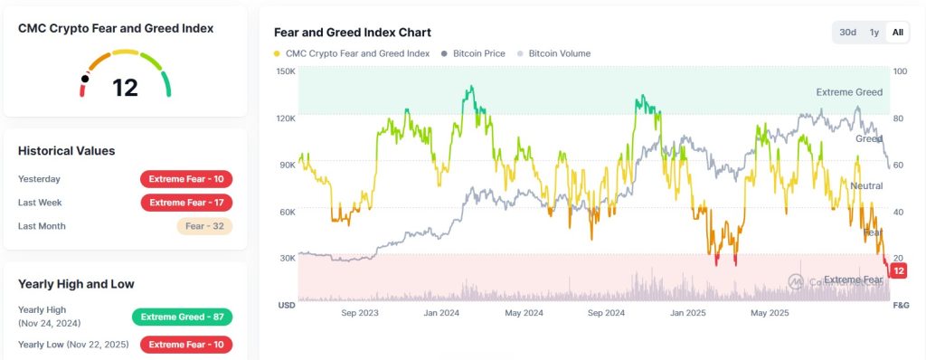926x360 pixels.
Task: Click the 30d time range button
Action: pyautogui.click(x=848, y=33)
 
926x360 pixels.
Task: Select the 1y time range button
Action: pyautogui.click(x=874, y=33)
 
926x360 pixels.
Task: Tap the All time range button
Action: pyautogui.click(x=898, y=33)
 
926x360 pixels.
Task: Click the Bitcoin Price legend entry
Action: pyautogui.click(x=474, y=53)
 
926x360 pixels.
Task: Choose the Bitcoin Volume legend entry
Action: pyautogui.click(x=554, y=53)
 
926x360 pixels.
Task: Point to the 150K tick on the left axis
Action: pyautogui.click(x=286, y=71)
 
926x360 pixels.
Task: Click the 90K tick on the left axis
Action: pyautogui.click(x=287, y=165)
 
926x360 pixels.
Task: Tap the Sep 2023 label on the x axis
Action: pyautogui.click(x=360, y=313)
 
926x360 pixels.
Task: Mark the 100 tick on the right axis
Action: pyautogui.click(x=901, y=71)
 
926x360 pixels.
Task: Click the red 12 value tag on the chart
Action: pyautogui.click(x=899, y=271)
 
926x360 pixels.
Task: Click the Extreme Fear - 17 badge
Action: pyautogui.click(x=186, y=203)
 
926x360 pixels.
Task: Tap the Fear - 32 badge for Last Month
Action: pyautogui.click(x=204, y=226)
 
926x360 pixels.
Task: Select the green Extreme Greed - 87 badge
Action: pyautogui.click(x=182, y=317)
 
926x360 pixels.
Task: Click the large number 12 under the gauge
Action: pyautogui.click(x=125, y=88)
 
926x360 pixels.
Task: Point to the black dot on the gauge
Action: pyautogui.click(x=85, y=79)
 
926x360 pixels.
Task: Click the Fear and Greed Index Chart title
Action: pyautogui.click(x=353, y=33)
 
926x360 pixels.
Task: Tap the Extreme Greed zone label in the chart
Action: pyautogui.click(x=849, y=92)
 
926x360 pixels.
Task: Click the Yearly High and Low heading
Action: pyautogui.click(x=76, y=284)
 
